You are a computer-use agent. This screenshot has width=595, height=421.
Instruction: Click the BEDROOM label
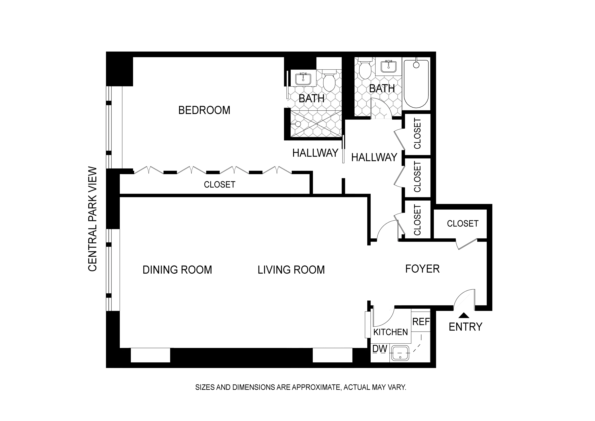(204, 110)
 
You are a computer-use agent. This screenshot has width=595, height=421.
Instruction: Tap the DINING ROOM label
(177, 270)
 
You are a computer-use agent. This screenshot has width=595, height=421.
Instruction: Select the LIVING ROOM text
(291, 270)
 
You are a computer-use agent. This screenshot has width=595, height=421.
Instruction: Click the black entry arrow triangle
(464, 315)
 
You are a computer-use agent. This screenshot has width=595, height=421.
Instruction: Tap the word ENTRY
(465, 327)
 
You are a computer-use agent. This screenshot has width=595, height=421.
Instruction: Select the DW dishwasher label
(380, 349)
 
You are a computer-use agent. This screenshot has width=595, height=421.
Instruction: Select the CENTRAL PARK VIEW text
(92, 219)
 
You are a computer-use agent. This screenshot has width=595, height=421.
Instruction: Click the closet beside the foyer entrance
(462, 224)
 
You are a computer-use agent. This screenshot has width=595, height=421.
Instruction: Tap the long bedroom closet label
(219, 185)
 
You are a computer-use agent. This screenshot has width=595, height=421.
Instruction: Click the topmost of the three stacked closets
(417, 134)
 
